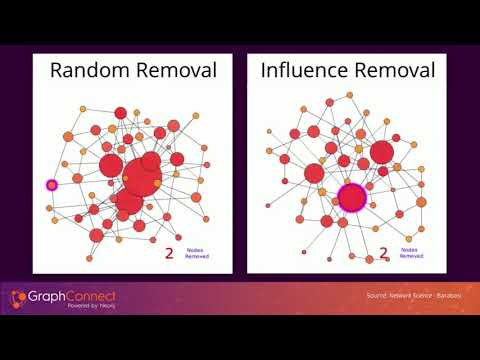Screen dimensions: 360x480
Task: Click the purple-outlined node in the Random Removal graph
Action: [52, 185]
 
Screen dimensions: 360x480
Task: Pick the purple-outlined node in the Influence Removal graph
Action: [351, 197]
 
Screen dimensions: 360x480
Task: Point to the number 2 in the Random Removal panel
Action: [169, 253]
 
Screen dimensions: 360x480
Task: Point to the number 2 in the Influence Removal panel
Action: [384, 255]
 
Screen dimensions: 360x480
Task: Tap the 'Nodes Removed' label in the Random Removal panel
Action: [197, 253]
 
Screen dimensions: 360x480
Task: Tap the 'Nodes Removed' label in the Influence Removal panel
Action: [411, 254]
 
